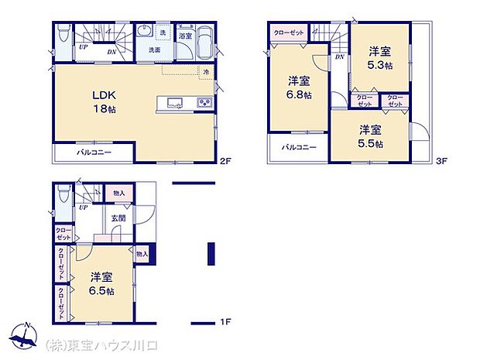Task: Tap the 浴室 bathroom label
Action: (185, 36)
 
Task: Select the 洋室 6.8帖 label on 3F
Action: (300, 87)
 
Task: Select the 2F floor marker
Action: (225, 162)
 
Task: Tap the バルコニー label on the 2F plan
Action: (94, 153)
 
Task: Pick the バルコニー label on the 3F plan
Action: (298, 147)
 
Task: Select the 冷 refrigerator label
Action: (206, 72)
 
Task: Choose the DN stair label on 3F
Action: (339, 58)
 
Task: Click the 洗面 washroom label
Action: (155, 50)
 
